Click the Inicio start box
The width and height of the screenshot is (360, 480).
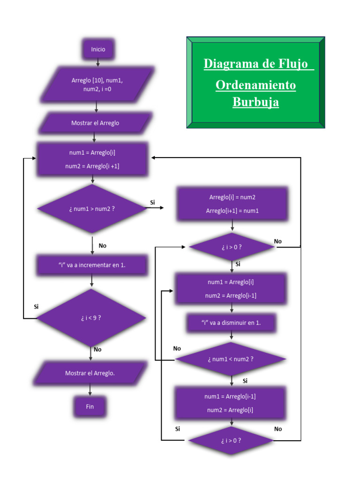98,49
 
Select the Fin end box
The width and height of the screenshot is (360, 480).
90,406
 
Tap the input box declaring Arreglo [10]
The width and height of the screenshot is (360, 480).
97,84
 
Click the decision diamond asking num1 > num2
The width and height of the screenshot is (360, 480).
92,209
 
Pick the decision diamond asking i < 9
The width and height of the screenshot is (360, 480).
91,318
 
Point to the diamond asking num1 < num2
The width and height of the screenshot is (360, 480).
230,359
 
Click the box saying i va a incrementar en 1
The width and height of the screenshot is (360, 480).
92,265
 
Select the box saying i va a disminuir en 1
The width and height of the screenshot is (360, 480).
231,323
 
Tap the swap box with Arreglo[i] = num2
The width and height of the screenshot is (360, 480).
232,204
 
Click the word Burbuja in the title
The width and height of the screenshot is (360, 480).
255,102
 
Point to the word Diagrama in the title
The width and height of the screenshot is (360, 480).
228,64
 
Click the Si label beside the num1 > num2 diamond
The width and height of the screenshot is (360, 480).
152,202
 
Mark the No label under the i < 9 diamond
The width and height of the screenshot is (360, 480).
97,349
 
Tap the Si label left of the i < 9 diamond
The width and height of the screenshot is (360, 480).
36,307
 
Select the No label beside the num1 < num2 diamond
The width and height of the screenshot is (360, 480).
177,348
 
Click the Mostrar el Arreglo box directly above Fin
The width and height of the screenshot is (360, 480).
90,373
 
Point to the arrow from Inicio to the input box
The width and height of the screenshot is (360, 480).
98,63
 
